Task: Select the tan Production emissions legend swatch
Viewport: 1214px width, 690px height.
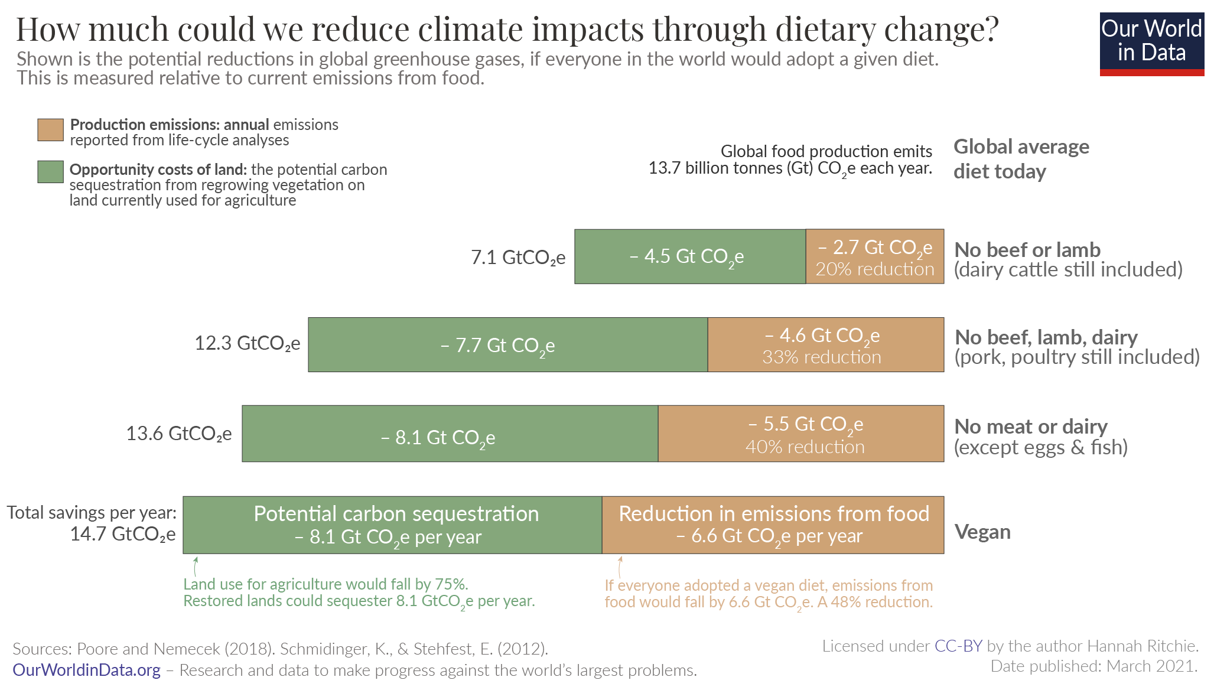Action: [50, 130]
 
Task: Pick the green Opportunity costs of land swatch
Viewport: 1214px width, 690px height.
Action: [50, 172]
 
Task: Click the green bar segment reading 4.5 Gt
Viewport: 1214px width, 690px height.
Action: [689, 256]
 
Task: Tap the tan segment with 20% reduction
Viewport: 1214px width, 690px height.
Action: [874, 256]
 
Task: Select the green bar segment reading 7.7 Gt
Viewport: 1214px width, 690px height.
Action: [507, 345]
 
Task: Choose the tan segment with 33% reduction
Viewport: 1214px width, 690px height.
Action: [825, 345]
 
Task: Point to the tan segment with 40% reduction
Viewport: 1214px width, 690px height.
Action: [800, 434]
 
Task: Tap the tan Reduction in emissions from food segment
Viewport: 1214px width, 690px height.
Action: [773, 525]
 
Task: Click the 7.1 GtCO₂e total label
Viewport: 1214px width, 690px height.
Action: [518, 258]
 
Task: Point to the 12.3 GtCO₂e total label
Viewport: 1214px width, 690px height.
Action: [248, 343]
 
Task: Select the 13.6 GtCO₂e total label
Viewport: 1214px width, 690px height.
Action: [179, 434]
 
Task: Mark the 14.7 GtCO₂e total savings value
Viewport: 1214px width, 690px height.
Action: [123, 534]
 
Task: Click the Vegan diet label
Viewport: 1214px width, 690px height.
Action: [982, 532]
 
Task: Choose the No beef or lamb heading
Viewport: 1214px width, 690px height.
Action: [1027, 250]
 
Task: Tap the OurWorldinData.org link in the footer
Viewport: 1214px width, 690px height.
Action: [87, 670]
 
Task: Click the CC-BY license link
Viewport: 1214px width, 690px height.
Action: [958, 646]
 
